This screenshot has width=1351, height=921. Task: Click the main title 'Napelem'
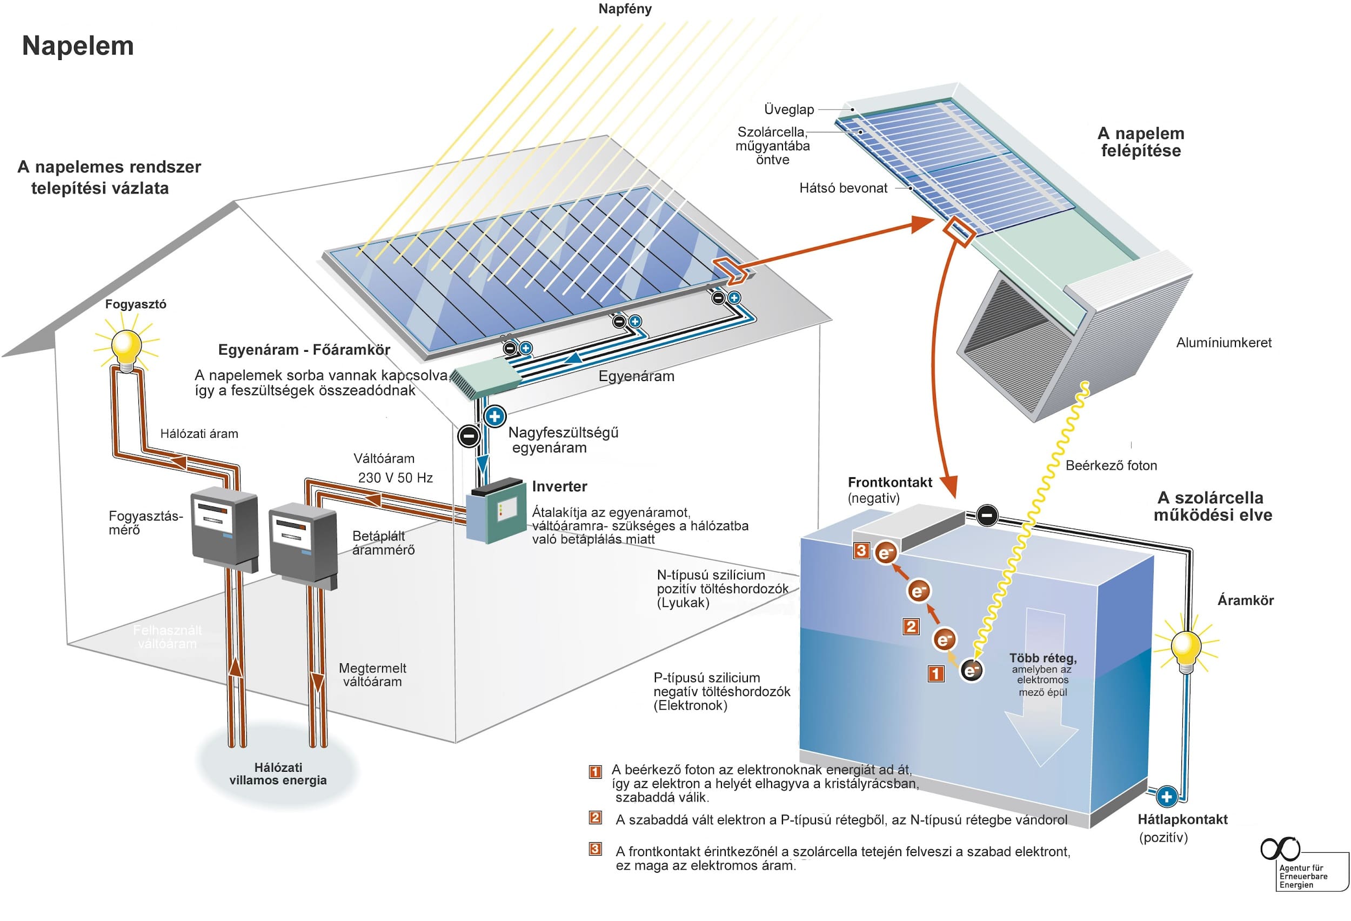tap(78, 46)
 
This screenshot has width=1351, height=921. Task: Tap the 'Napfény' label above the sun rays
tap(625, 9)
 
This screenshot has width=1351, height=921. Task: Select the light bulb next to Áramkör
tap(1186, 647)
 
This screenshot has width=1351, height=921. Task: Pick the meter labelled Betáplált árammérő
tap(303, 543)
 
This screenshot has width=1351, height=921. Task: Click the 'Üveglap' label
tap(788, 109)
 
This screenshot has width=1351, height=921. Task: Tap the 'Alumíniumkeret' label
tap(1223, 343)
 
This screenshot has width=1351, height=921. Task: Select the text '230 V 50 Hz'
tap(395, 478)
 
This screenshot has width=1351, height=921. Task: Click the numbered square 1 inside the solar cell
tap(935, 674)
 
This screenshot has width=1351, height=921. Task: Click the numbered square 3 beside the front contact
tap(861, 550)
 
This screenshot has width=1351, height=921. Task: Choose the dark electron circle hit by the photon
tap(971, 670)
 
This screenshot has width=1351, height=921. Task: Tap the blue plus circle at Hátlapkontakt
tap(1167, 797)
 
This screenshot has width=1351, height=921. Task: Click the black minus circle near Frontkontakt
tap(987, 515)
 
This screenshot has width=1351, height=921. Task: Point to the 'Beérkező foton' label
tap(1111, 465)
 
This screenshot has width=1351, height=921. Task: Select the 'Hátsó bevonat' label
tap(843, 188)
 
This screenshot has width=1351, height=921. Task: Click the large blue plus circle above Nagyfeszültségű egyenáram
tap(494, 416)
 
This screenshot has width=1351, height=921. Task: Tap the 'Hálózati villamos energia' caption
tap(278, 774)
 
